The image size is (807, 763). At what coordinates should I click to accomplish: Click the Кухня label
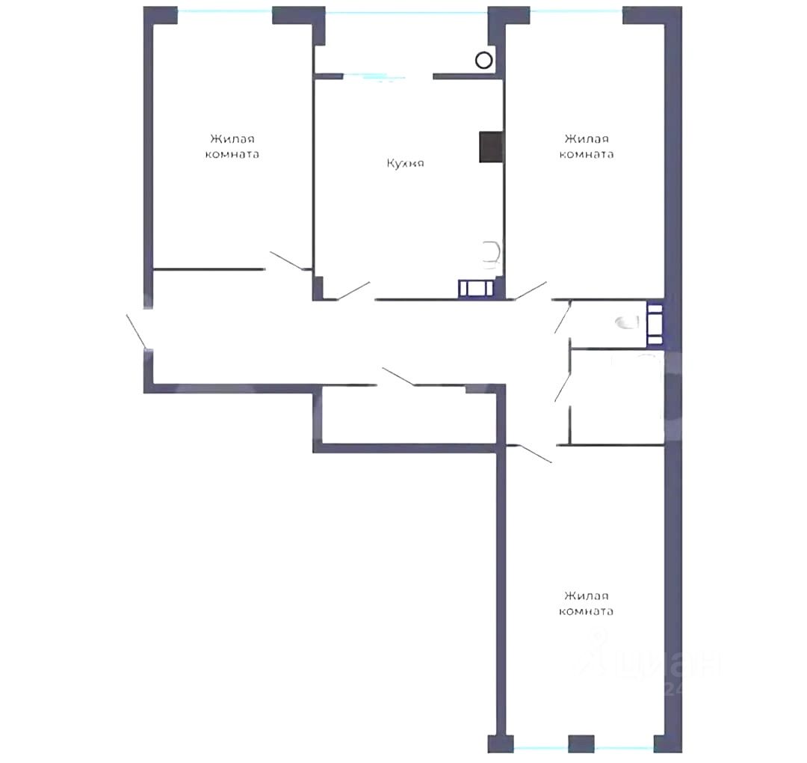coord(405,163)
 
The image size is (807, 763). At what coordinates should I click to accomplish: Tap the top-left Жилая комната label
coord(232,147)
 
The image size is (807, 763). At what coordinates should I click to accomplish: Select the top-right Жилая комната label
coord(587,147)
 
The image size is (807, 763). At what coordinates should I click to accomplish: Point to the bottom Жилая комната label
coord(587,603)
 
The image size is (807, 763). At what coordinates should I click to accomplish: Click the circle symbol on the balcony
coord(483,61)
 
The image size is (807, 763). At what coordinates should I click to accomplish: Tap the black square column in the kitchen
coord(491,147)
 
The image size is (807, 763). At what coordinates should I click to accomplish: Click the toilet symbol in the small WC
coord(628,323)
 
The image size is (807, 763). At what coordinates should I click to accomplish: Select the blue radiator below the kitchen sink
coord(476,288)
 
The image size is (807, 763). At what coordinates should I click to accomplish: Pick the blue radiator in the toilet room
coord(655,324)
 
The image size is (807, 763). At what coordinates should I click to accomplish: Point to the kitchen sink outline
coord(492,254)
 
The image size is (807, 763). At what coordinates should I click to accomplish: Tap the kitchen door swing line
coord(353,290)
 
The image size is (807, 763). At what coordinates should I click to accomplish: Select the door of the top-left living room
coord(287,260)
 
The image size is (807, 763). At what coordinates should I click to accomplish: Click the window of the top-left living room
coord(225,10)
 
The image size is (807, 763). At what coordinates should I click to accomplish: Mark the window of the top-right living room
coord(576,10)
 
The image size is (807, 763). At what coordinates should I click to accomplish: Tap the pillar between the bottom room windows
coord(581,744)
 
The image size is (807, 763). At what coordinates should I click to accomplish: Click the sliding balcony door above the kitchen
coord(374,77)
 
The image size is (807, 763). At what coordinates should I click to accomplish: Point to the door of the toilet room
coord(563,318)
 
